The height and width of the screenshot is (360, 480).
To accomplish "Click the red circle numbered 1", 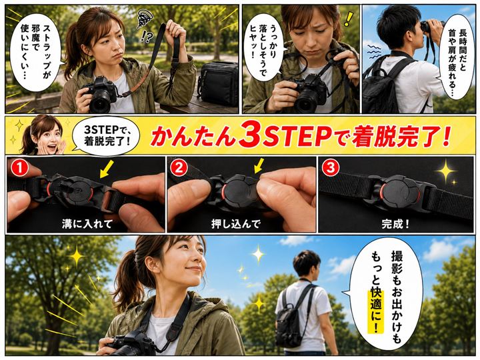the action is (19, 169).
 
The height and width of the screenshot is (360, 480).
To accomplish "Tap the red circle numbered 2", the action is (179, 169).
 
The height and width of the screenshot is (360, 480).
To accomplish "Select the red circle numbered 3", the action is (331, 168).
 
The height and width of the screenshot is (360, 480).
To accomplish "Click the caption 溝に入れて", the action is (87, 224).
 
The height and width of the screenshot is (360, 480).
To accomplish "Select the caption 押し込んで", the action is (235, 224).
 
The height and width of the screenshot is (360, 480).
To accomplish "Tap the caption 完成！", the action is (395, 224).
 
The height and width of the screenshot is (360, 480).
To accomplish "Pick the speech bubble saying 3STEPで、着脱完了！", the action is (105, 134).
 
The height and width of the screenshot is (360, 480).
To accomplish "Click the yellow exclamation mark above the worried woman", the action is (347, 18).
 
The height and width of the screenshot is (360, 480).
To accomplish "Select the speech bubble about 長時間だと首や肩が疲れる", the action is (457, 55).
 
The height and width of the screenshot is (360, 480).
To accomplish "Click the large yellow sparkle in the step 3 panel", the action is (446, 171).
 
